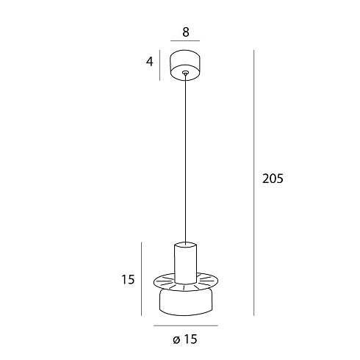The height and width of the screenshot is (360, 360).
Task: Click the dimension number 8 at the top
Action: coord(186,32)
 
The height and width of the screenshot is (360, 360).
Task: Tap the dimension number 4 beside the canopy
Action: coord(149,62)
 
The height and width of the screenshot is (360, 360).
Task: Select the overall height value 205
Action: coord(273,179)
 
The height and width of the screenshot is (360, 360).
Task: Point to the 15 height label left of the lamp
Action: coord(128,279)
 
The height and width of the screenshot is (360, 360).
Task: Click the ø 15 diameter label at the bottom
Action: coord(185,339)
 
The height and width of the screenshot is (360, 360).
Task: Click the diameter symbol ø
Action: coord(176,340)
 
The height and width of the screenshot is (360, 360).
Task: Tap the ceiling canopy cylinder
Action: coord(185,65)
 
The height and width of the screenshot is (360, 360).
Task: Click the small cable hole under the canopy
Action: coord(185,73)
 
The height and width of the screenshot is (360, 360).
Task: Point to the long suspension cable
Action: coord(185,159)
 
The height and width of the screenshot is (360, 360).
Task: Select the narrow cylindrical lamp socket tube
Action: coord(185,262)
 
